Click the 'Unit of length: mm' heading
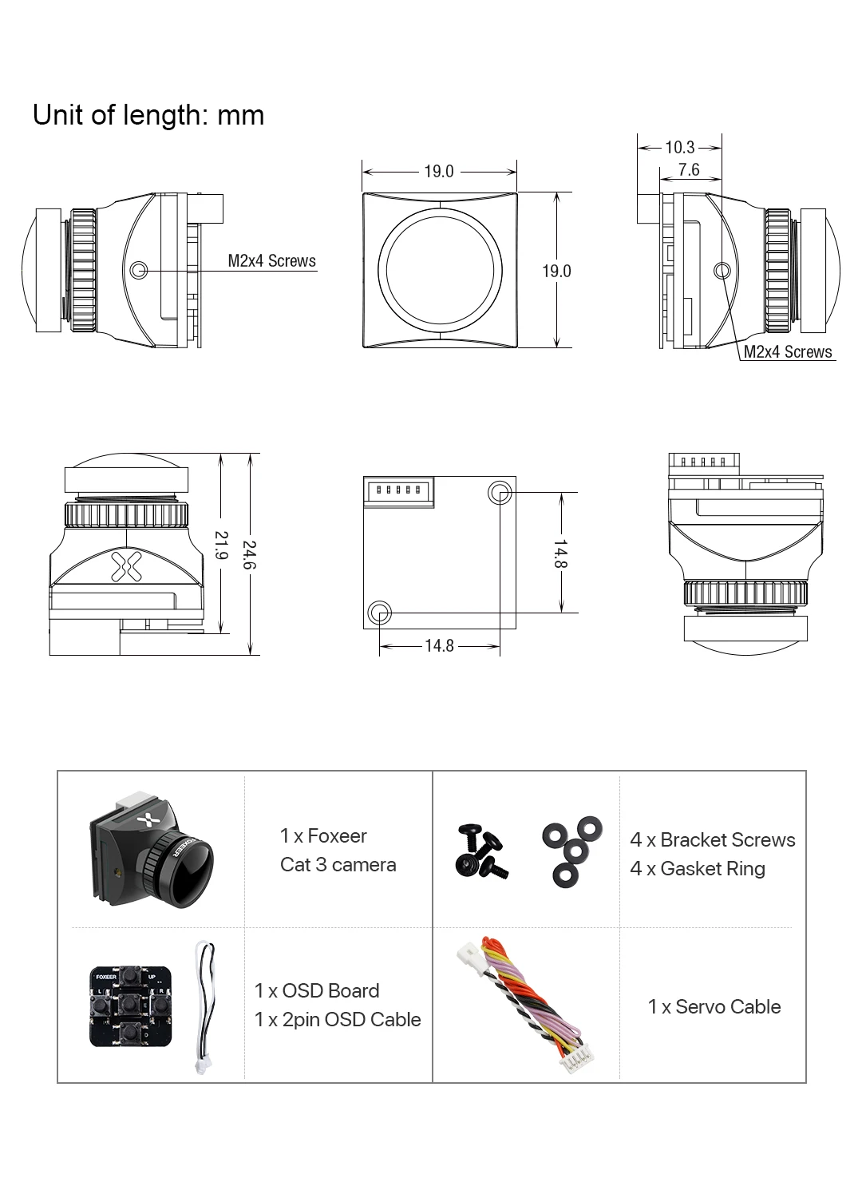pos(148,116)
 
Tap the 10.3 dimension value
pos(680,147)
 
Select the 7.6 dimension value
pos(689,169)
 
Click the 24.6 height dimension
pos(250,555)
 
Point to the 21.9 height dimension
pos(221,546)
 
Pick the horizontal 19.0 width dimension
pos(439,171)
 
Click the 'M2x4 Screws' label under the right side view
pos(788,352)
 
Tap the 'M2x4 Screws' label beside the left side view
pos(272,261)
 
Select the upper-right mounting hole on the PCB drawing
pos(500,493)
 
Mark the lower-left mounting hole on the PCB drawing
pos(380,613)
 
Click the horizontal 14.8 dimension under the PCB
pos(439,645)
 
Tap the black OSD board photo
pos(130,1006)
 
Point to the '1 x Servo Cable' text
pos(714,1007)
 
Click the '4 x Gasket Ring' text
pos(698,869)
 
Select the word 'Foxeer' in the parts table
pos(337,836)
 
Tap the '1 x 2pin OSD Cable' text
pos(338,1020)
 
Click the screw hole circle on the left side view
pos(140,270)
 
